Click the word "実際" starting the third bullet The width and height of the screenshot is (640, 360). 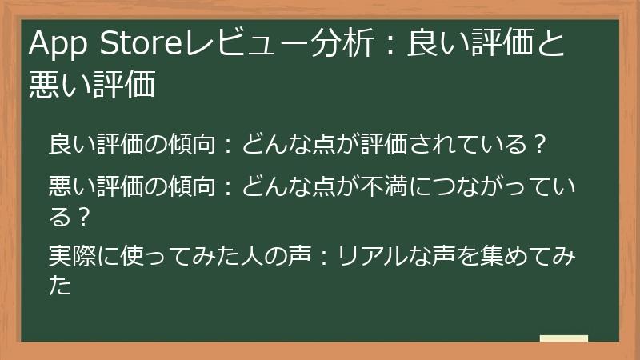[70, 258]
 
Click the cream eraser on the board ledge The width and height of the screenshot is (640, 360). [564, 338]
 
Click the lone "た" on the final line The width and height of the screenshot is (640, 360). [60, 286]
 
